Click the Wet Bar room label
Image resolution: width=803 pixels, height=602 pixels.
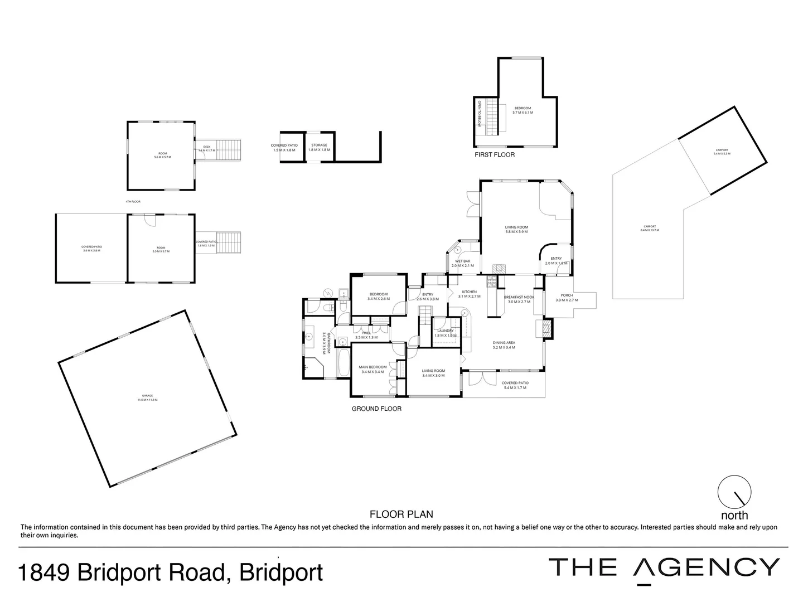click(x=462, y=263)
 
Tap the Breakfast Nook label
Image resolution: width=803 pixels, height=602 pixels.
click(x=519, y=299)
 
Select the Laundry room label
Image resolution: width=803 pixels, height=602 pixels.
click(x=445, y=333)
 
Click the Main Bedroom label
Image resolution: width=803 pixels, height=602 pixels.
click(x=374, y=369)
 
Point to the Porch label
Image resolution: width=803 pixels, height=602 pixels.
click(x=567, y=298)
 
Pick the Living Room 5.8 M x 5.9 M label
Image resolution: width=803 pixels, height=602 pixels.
click(x=516, y=229)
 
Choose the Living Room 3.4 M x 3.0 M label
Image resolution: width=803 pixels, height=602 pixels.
click(x=433, y=373)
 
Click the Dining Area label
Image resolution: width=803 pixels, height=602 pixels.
click(x=504, y=345)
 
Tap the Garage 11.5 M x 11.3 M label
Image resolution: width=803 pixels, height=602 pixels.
click(x=147, y=397)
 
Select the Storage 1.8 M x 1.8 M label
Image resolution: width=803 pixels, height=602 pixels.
click(x=319, y=147)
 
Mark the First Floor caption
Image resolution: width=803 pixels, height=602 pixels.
click(x=495, y=154)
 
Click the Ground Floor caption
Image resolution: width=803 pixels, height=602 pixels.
click(x=376, y=409)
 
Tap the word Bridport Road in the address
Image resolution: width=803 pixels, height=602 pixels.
click(x=151, y=572)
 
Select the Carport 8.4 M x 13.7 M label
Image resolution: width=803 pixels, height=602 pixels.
click(x=650, y=228)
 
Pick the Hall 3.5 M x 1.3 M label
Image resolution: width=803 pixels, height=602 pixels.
click(x=366, y=335)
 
